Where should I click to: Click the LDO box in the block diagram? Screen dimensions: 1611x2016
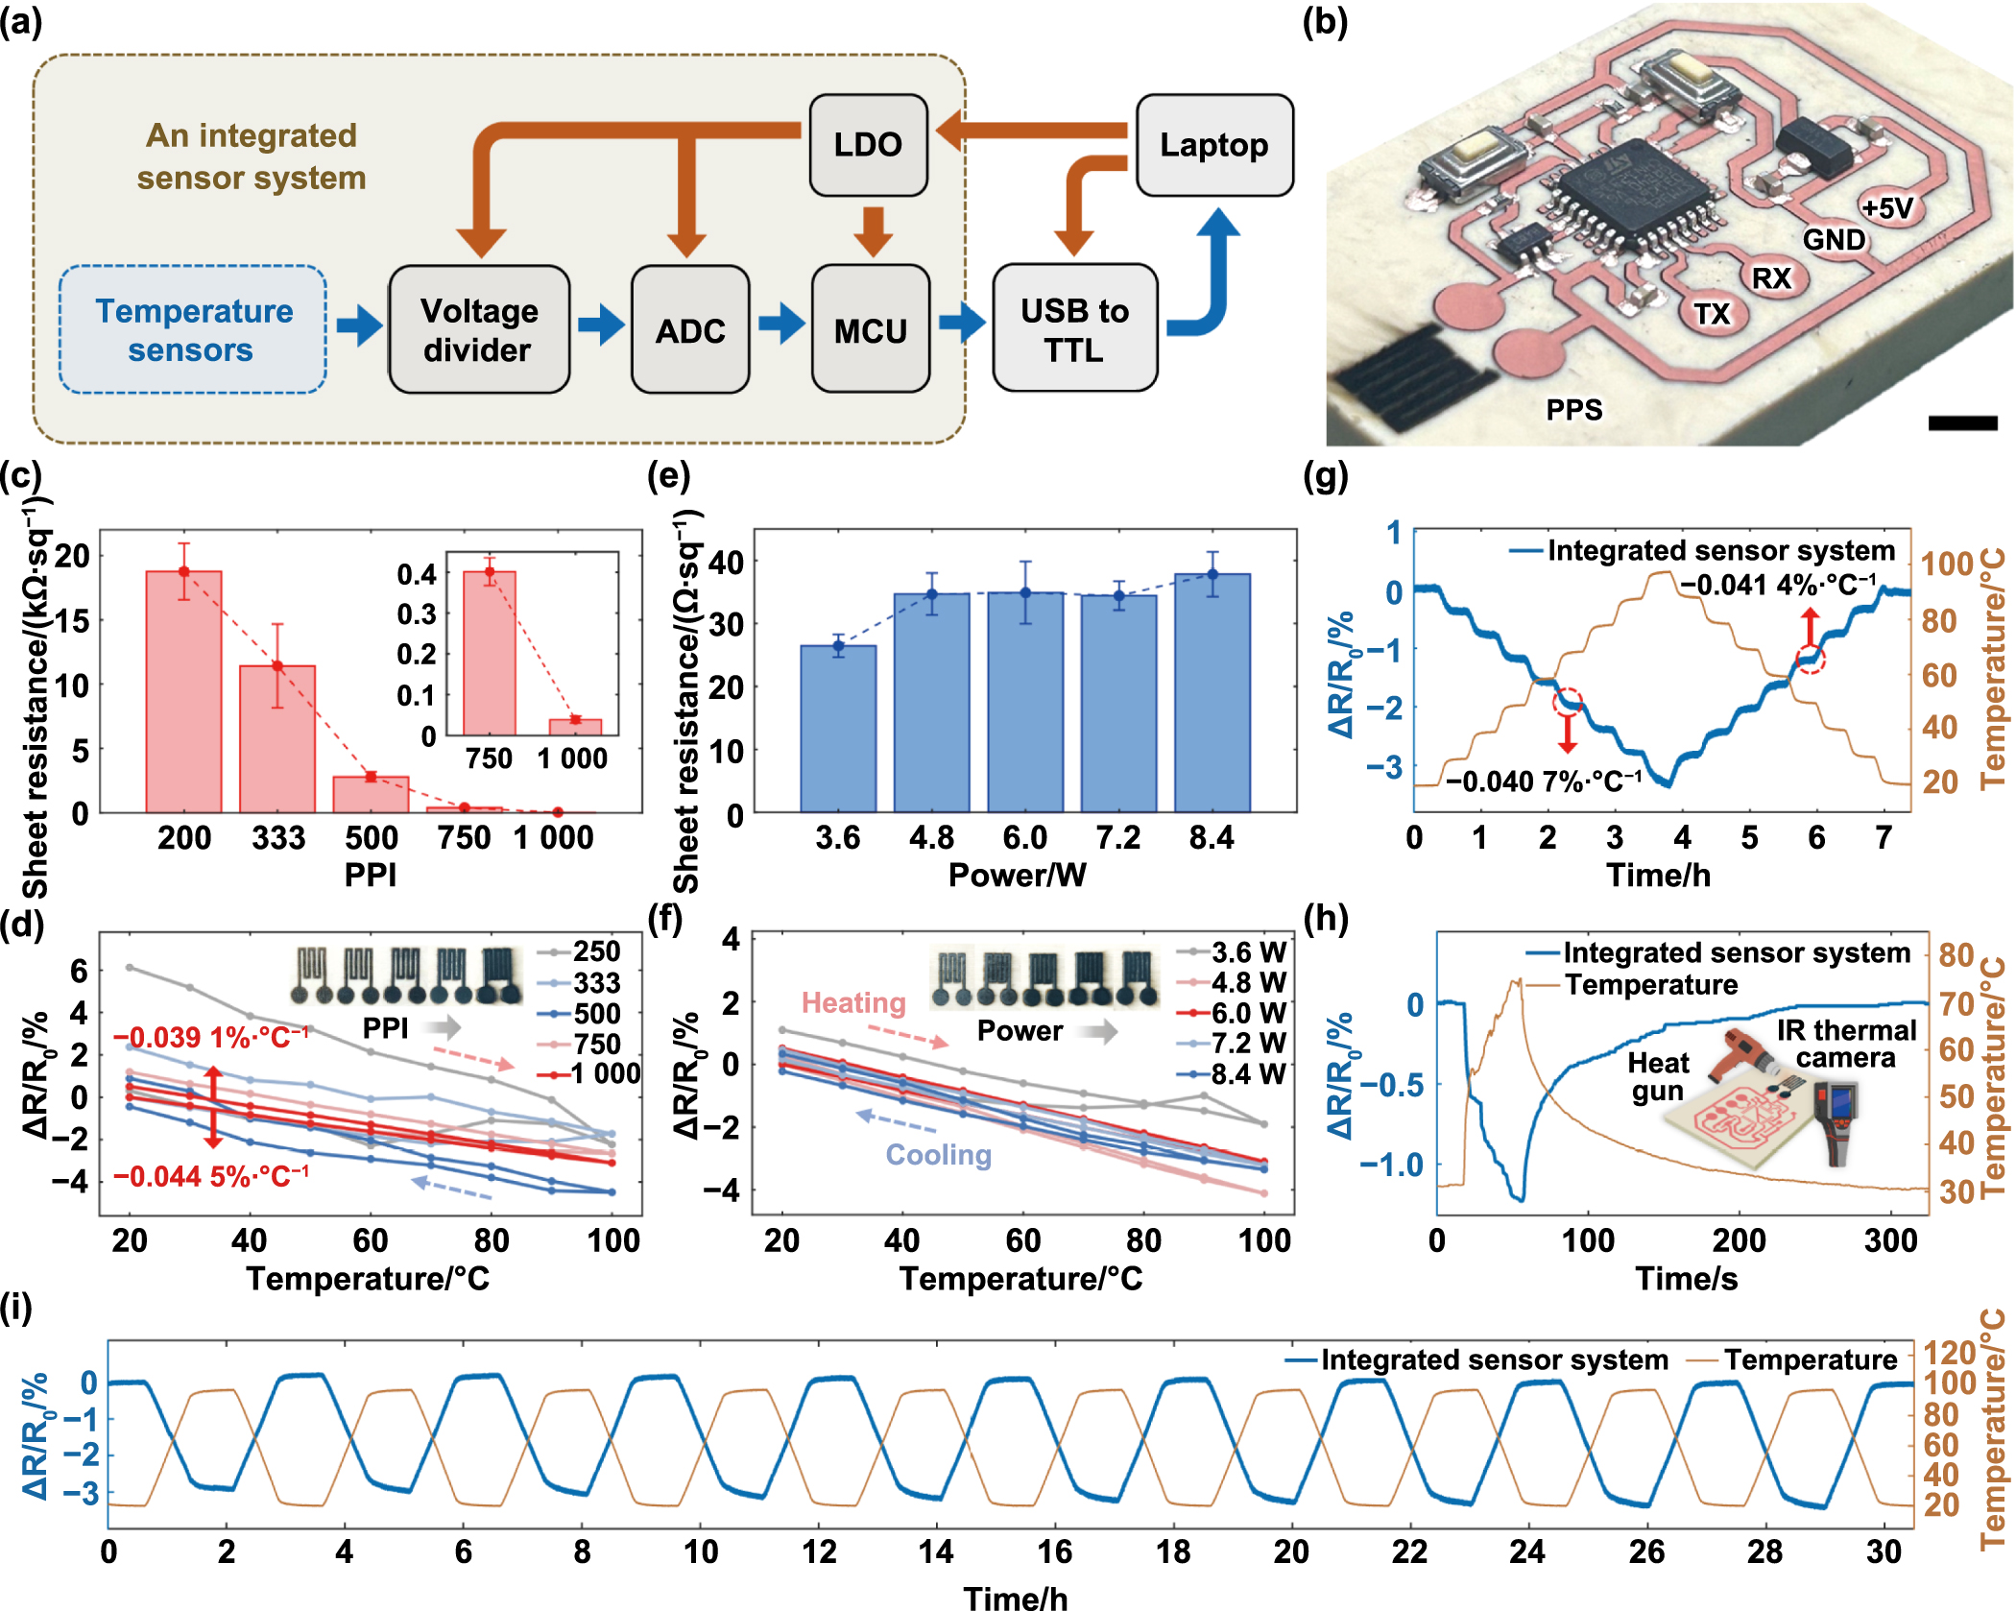pyautogui.click(x=868, y=144)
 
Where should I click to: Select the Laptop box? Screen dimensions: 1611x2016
pyautogui.click(x=1213, y=144)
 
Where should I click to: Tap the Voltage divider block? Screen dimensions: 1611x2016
pyautogui.click(x=479, y=329)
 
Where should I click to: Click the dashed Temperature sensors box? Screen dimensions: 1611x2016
pyautogui.click(x=193, y=329)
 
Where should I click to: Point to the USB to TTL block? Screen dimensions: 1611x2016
pyautogui.click(x=1074, y=329)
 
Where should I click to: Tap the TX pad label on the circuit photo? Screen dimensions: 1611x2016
pyautogui.click(x=1712, y=314)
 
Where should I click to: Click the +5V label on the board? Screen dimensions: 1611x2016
pyautogui.click(x=1886, y=207)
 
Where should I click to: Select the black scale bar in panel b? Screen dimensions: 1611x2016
pyautogui.click(x=1962, y=422)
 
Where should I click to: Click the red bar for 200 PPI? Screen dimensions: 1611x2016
pyautogui.click(x=183, y=691)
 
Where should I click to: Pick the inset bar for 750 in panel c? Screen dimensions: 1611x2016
pyautogui.click(x=490, y=653)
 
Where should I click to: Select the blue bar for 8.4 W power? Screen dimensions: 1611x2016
pyautogui.click(x=1212, y=691)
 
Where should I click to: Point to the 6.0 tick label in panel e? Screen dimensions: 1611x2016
pyautogui.click(x=1024, y=838)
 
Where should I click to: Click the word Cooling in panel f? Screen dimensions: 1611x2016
pyautogui.click(x=938, y=1154)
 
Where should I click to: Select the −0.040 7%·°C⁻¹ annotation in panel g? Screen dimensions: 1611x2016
pyautogui.click(x=1544, y=781)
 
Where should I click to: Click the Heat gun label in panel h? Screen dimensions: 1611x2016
pyautogui.click(x=1658, y=1076)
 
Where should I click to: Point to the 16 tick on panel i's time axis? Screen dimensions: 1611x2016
pyautogui.click(x=1054, y=1551)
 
